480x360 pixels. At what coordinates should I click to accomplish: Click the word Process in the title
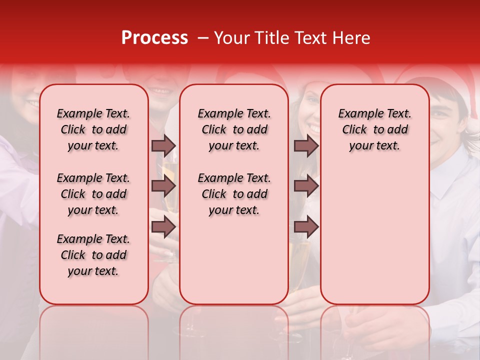(x=154, y=37)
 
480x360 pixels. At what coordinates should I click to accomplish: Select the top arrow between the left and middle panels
(x=163, y=145)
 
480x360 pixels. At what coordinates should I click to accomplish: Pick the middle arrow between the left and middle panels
(x=163, y=186)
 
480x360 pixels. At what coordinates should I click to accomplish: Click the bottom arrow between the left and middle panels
(x=163, y=227)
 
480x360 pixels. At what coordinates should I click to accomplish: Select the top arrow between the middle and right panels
(x=306, y=145)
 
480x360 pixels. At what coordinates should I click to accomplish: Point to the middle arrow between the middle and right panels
(x=306, y=186)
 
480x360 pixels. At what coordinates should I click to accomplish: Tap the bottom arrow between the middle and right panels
(x=306, y=227)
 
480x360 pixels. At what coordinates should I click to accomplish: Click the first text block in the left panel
(x=93, y=129)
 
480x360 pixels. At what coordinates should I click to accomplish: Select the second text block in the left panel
(x=93, y=194)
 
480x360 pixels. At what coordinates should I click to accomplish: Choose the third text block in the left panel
(x=93, y=255)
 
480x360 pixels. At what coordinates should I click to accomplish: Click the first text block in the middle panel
(x=234, y=129)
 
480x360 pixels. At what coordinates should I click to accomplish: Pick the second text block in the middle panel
(x=234, y=194)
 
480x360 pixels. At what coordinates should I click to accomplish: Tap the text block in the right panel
(x=375, y=129)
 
